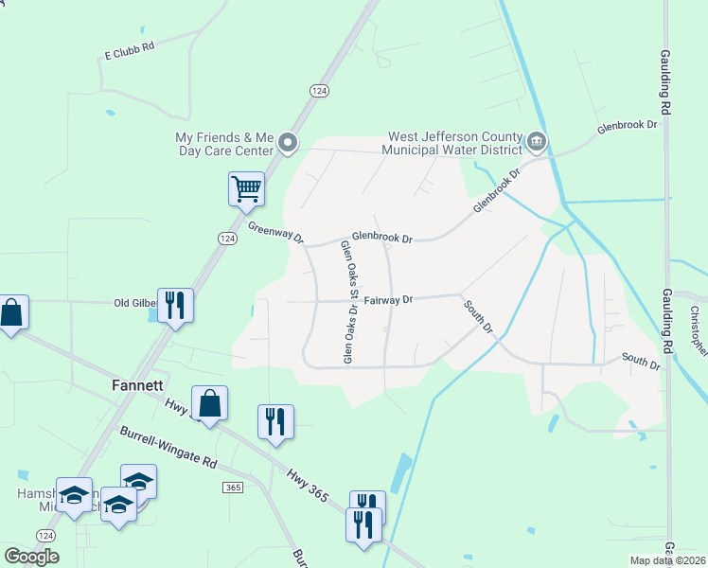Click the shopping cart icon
[246, 188]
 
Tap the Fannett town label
[138, 386]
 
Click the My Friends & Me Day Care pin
[288, 144]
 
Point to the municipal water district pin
[537, 143]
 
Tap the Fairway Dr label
[389, 300]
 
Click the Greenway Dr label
[274, 231]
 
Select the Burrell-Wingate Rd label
[168, 450]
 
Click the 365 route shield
[233, 487]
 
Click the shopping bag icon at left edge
[11, 312]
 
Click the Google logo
[31, 557]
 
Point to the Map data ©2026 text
[667, 560]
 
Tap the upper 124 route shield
[318, 89]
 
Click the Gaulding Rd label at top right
[666, 83]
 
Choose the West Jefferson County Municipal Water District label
[452, 143]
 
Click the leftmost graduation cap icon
[75, 495]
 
